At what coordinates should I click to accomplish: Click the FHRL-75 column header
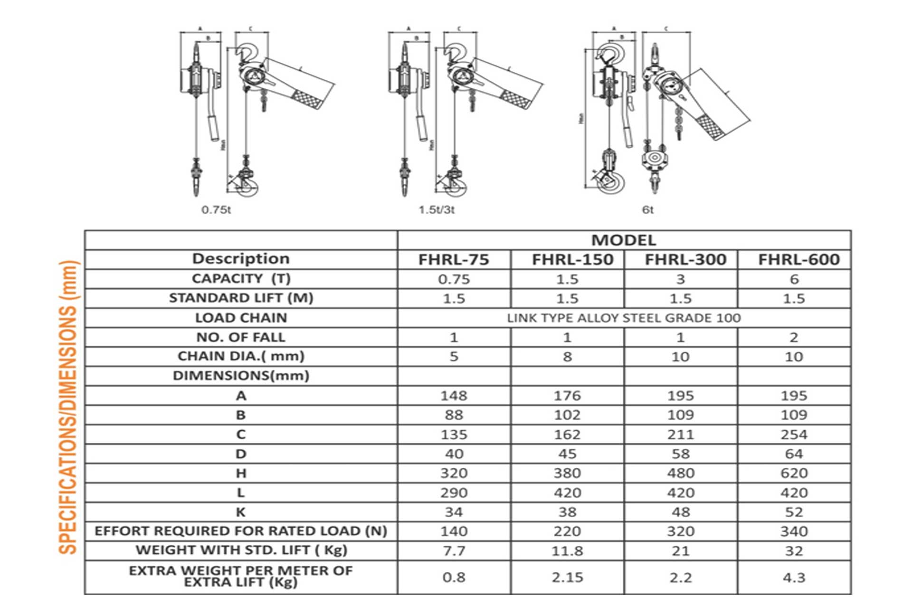[454, 260]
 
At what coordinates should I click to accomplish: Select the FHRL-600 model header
[798, 260]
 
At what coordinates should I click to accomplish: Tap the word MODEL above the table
[623, 240]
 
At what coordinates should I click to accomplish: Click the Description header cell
[241, 259]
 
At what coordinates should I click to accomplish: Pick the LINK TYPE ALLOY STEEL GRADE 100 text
[623, 318]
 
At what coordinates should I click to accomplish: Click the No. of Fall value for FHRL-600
[794, 338]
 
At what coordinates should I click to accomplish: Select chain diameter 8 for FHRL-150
[567, 357]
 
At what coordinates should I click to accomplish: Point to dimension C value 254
[794, 435]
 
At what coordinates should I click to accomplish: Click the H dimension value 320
[454, 474]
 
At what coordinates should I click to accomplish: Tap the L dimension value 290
[454, 493]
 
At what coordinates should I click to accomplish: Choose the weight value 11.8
[567, 551]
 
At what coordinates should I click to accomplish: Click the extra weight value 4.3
[794, 578]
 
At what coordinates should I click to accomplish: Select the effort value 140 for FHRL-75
[454, 532]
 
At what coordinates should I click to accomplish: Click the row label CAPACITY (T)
[241, 279]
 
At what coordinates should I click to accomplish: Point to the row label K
[241, 513]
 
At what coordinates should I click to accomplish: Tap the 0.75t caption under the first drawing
[216, 210]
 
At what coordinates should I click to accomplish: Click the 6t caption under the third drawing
[648, 210]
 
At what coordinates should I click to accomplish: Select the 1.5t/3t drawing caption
[436, 210]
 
